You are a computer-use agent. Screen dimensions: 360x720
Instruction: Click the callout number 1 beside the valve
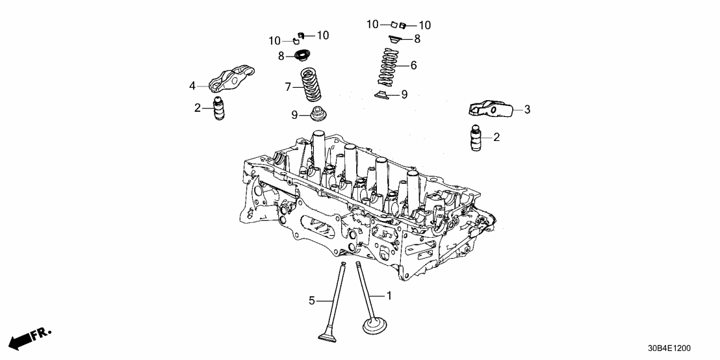click(389, 296)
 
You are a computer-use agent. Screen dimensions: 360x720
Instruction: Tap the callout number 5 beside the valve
click(312, 300)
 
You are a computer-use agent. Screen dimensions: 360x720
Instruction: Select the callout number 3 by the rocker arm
click(527, 110)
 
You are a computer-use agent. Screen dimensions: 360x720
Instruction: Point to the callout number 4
click(192, 86)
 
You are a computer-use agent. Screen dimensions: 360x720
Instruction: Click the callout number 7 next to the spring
click(288, 86)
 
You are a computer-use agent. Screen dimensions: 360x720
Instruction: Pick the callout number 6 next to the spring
click(413, 66)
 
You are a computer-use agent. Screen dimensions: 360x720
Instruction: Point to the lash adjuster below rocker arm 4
click(219, 108)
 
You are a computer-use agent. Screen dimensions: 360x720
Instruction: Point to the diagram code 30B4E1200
click(682, 349)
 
